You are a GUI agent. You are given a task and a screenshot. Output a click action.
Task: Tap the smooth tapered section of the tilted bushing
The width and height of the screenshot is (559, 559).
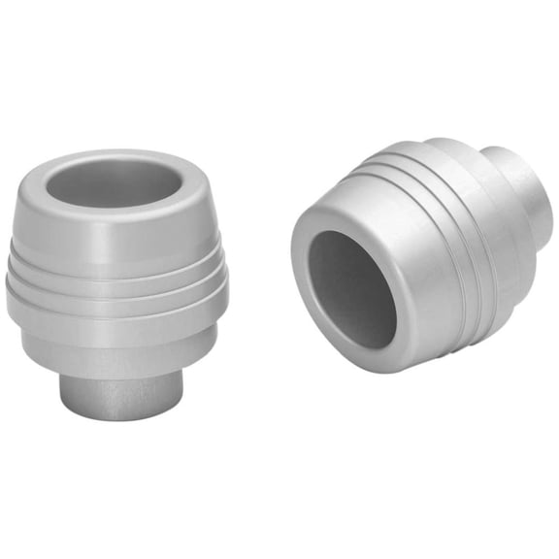(388, 223)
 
